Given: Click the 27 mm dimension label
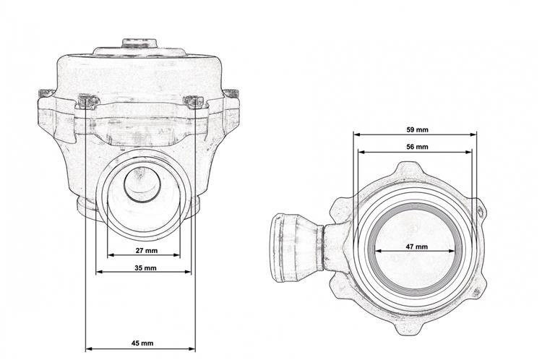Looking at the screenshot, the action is point(146,250).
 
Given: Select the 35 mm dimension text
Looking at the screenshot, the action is point(145,267).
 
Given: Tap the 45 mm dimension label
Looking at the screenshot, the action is point(142,343).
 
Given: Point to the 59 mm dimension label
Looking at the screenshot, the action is point(417,130).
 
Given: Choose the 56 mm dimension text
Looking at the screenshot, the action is point(417,147).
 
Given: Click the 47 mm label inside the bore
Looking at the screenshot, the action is point(416,247).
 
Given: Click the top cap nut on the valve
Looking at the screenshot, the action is point(139,43).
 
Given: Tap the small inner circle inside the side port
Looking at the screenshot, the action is point(142,184).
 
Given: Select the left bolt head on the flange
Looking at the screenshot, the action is point(88,101).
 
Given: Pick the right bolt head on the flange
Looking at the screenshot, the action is point(194,102).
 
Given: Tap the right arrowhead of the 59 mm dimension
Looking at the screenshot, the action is point(473,134).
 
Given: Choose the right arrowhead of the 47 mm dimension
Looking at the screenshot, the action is point(451,251).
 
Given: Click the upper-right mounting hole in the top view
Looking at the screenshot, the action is point(480,211).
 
